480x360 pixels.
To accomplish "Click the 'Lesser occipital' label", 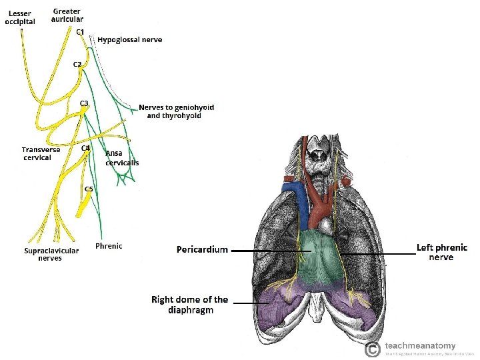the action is [x=20, y=18].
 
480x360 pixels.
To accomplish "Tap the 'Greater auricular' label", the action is [x=67, y=15].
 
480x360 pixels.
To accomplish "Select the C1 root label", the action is [x=79, y=32].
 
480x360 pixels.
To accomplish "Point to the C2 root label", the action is [x=77, y=64].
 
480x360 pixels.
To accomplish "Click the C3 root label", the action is [x=85, y=103].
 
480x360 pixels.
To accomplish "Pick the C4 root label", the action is [x=86, y=148].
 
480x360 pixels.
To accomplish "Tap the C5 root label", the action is [x=89, y=189].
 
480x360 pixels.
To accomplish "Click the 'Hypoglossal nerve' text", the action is [x=129, y=39].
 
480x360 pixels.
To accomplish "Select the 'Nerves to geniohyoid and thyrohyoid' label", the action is [x=176, y=111].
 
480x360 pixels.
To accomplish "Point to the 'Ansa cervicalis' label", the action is [x=122, y=157].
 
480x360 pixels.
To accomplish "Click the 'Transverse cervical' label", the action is [x=41, y=153].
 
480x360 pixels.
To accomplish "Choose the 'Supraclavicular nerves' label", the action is [x=51, y=254].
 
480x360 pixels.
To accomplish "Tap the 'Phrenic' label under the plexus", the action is [x=109, y=246].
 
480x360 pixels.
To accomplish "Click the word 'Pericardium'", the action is [x=202, y=249].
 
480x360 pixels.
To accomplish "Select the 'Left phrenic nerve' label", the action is [x=441, y=252].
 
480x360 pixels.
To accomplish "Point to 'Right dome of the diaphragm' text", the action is [x=189, y=305].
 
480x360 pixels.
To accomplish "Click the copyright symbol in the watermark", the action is [x=373, y=349].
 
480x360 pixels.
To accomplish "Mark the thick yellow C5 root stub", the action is [x=83, y=207].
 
